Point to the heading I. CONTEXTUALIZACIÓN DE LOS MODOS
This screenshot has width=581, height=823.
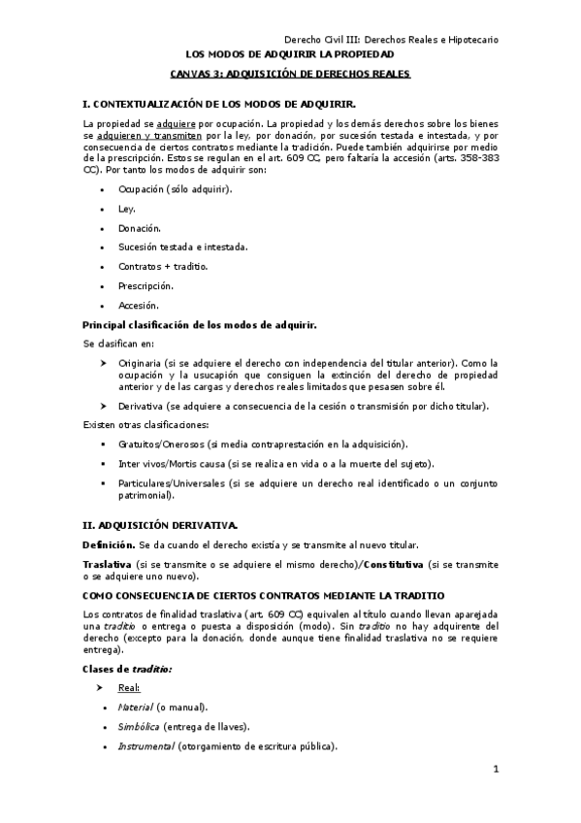219,104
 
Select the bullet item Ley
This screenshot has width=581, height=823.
127,208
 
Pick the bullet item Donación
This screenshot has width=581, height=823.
139,227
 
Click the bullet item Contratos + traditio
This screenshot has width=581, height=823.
163,266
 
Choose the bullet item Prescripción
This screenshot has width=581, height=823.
145,285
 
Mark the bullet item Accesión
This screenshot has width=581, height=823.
138,305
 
